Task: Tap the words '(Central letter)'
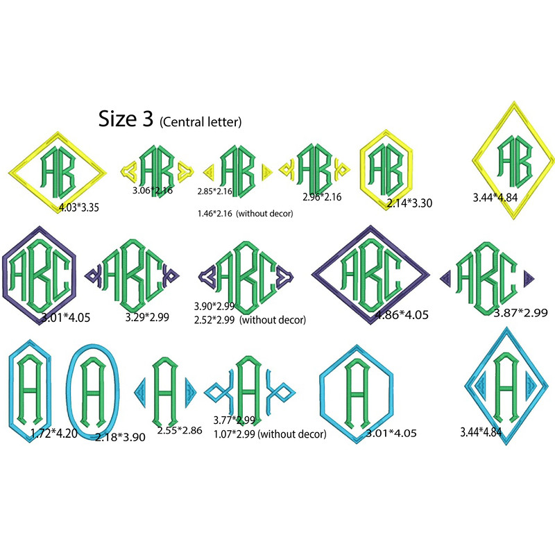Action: point(200,122)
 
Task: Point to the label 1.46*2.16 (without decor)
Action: point(245,214)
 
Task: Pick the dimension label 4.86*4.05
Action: point(402,315)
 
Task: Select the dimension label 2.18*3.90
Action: point(119,437)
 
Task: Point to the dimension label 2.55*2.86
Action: point(179,430)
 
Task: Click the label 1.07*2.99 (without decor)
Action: point(270,434)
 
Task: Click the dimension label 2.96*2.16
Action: point(322,197)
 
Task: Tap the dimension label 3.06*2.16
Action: point(153,189)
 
